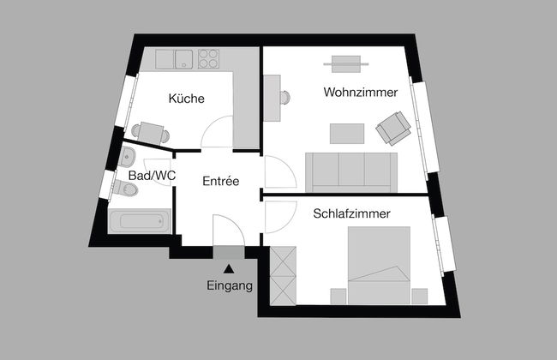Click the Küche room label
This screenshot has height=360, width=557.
click(187, 98)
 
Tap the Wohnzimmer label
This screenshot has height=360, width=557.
click(361, 92)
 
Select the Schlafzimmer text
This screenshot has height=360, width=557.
click(351, 213)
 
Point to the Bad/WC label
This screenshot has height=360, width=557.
click(152, 175)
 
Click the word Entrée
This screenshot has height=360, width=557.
click(220, 181)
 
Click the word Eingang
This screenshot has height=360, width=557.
click(230, 285)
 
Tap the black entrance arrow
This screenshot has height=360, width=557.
click(229, 269)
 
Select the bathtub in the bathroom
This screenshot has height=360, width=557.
click(140, 221)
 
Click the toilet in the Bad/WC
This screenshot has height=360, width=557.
click(125, 188)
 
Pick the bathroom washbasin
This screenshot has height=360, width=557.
click(127, 157)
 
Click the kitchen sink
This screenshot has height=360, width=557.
click(183, 59)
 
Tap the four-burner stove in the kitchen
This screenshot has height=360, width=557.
click(208, 58)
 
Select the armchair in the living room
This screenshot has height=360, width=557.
click(393, 129)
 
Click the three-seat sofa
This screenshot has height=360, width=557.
click(351, 172)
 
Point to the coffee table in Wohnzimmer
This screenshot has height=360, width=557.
click(347, 134)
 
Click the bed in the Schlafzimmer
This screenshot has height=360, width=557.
click(379, 266)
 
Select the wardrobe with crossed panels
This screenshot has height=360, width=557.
click(283, 276)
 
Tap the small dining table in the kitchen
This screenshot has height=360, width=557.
click(151, 133)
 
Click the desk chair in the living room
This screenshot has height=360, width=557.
click(284, 98)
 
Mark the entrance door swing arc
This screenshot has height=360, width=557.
click(229, 230)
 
